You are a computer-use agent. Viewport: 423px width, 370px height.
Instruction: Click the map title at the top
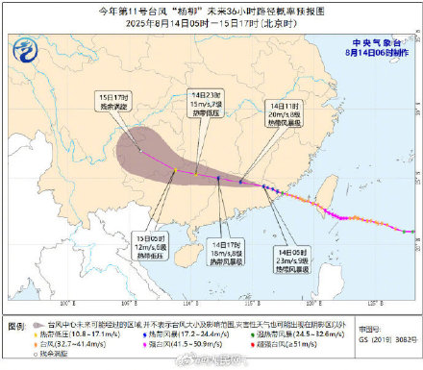211,8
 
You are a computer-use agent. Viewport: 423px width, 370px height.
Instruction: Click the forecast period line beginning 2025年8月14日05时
211,20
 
